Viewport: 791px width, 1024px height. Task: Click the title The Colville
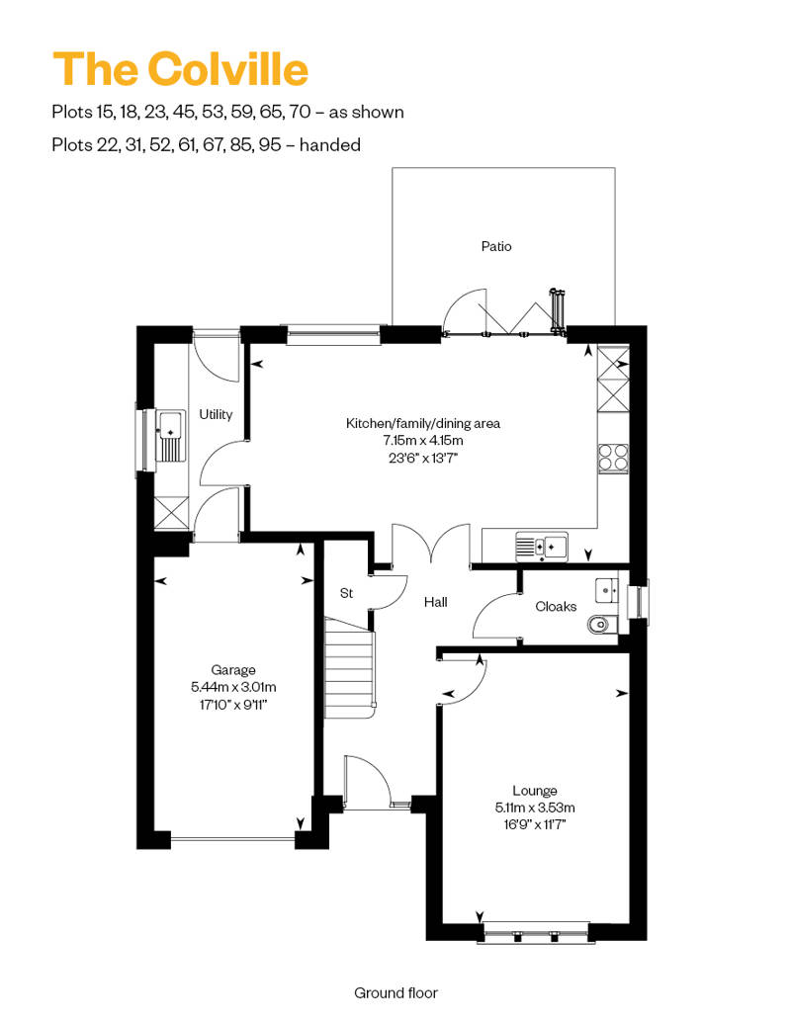click(180, 69)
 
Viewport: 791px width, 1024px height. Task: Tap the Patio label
click(496, 246)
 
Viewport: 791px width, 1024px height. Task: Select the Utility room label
click(216, 414)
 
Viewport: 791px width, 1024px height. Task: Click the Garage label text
click(232, 670)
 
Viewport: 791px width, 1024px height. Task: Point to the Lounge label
click(534, 791)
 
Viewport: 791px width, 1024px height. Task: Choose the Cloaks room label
click(556, 606)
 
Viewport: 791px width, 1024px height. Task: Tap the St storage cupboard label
click(346, 593)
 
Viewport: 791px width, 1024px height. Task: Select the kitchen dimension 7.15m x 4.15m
click(422, 441)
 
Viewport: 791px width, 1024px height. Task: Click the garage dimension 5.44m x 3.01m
click(232, 687)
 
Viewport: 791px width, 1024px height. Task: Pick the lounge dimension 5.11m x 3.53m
click(534, 808)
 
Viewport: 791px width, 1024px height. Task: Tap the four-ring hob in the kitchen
click(612, 456)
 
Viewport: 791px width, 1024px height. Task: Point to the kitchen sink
click(541, 544)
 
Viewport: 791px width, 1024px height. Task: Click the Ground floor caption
click(395, 992)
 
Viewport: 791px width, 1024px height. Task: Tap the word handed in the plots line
click(329, 144)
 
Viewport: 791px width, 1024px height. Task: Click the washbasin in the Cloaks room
click(605, 591)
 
